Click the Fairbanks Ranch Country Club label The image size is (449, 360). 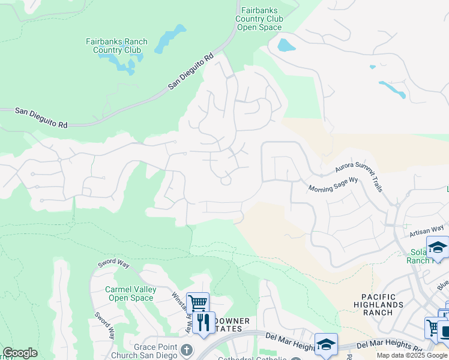pyautogui.click(x=116, y=46)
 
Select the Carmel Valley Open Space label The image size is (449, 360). pyautogui.click(x=130, y=293)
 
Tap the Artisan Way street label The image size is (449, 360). pyautogui.click(x=427, y=228)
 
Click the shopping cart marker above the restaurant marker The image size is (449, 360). pyautogui.click(x=197, y=303)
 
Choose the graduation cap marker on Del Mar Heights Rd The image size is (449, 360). pyautogui.click(x=326, y=344)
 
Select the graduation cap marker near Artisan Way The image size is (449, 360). pyautogui.click(x=438, y=247)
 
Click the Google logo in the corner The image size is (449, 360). pyautogui.click(x=20, y=353)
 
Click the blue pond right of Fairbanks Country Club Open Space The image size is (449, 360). pyautogui.click(x=286, y=44)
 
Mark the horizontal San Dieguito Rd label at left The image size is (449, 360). pyautogui.click(x=41, y=118)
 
